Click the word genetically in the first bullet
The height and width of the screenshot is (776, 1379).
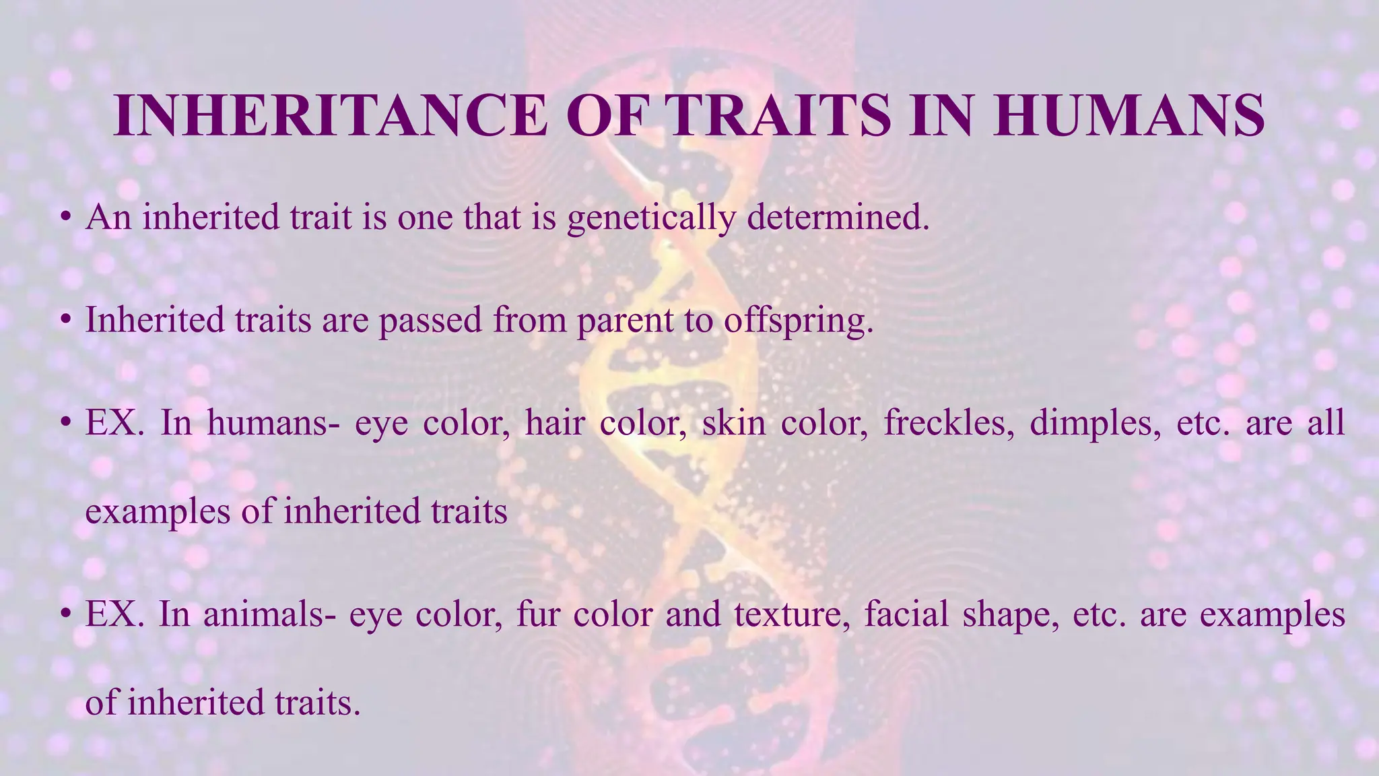(650, 218)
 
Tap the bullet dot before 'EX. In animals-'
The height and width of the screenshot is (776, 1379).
(65, 615)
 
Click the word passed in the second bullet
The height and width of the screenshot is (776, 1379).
(430, 321)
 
